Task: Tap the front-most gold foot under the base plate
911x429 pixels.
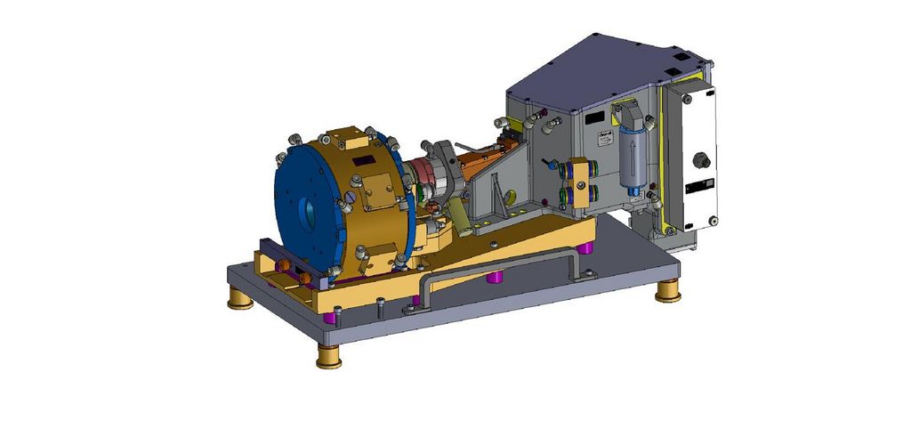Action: tap(328, 357)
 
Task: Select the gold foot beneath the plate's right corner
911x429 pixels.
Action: tap(668, 292)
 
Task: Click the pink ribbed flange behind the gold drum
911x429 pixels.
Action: tap(435, 174)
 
